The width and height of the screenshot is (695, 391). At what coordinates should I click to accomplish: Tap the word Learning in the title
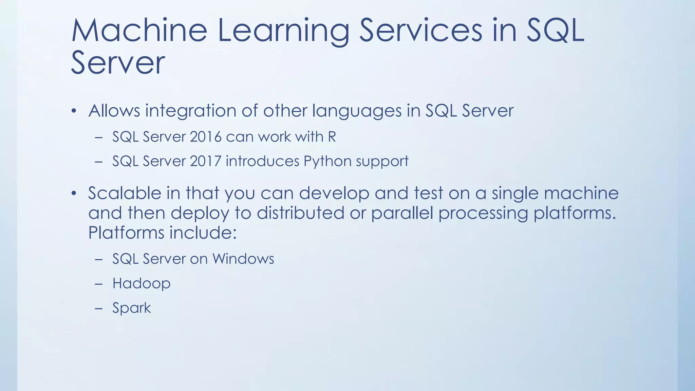[283, 31]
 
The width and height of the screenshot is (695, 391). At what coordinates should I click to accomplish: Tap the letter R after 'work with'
[332, 137]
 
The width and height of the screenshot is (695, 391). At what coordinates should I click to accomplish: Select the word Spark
[131, 308]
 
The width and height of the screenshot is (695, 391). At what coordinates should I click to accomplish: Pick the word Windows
[243, 259]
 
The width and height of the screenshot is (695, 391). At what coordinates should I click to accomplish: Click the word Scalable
[125, 193]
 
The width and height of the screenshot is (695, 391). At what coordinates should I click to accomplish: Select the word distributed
[300, 213]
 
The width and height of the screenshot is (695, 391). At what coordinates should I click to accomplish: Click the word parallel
[402, 213]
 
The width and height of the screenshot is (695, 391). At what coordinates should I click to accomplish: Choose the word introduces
[262, 161]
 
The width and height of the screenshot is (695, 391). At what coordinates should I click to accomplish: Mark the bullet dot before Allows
[74, 111]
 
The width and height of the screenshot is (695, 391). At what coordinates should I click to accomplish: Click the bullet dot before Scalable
[74, 194]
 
